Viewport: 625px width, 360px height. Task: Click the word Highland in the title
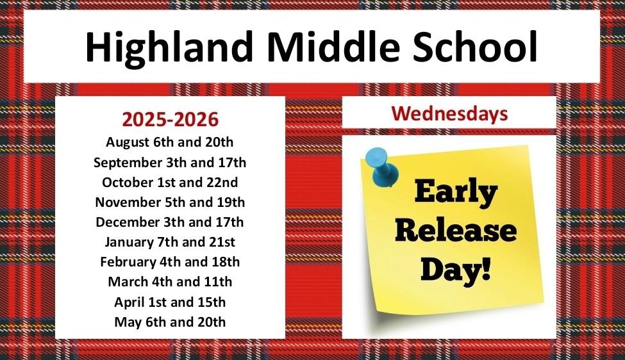(x=169, y=47)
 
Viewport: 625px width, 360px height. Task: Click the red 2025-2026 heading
(x=171, y=119)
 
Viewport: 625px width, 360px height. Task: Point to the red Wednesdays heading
(x=449, y=113)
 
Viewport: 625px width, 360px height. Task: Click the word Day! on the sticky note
(x=456, y=270)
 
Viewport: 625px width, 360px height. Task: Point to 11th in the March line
(x=218, y=282)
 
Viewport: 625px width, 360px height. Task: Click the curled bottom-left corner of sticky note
(x=378, y=308)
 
